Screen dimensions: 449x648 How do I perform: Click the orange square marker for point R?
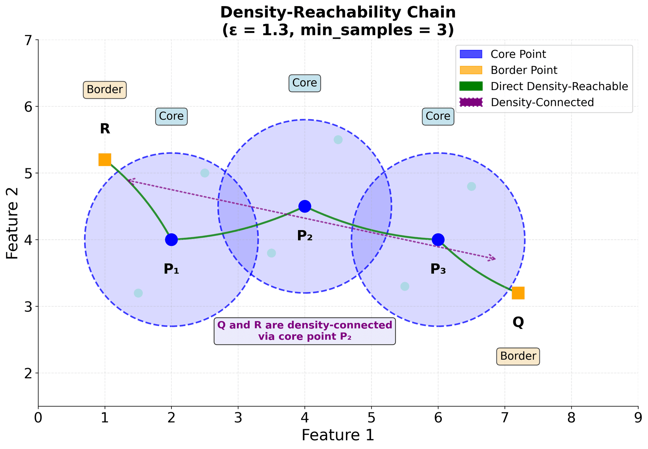(x=105, y=160)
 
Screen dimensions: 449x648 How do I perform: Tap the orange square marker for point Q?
(x=518, y=293)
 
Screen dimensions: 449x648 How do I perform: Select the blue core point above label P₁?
(x=171, y=240)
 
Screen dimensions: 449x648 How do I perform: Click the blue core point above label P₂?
(x=305, y=206)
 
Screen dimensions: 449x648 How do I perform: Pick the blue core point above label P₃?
(x=438, y=240)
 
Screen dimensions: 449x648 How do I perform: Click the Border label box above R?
(x=105, y=90)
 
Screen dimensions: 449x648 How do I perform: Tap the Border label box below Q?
(x=518, y=356)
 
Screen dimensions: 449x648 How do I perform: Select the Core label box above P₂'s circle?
(x=305, y=83)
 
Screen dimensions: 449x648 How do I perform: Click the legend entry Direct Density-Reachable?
(x=559, y=86)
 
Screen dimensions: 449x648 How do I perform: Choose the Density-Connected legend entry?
(x=542, y=102)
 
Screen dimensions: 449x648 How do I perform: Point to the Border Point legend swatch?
(x=471, y=70)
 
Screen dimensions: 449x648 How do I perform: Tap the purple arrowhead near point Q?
(x=494, y=258)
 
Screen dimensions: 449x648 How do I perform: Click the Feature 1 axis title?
(x=338, y=435)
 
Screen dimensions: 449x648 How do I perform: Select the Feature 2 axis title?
(x=12, y=223)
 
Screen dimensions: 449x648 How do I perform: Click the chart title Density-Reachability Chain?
(x=338, y=13)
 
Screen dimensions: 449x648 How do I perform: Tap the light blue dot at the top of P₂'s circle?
(x=338, y=140)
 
